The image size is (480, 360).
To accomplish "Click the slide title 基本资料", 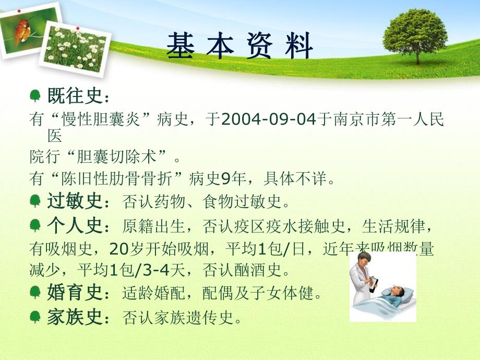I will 239,46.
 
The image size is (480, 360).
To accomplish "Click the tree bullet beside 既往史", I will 35,96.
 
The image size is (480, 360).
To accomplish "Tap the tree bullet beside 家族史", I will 35,316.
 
